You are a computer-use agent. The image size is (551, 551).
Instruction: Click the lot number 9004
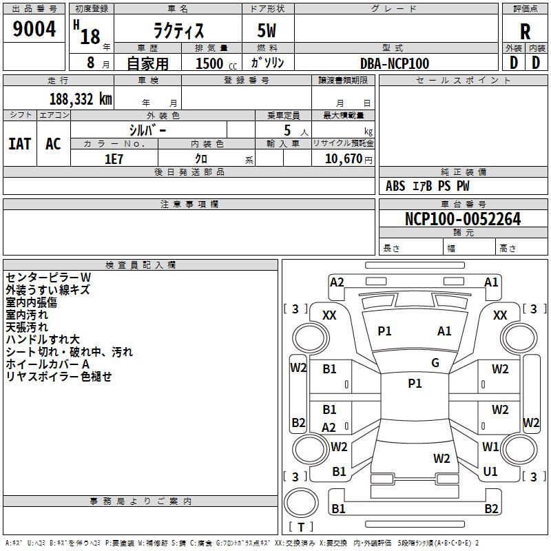pos(34,28)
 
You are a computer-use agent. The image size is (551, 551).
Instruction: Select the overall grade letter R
pos(525,31)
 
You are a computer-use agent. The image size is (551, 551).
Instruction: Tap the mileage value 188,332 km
pos(81,99)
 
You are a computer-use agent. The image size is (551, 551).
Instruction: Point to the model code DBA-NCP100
pos(395,63)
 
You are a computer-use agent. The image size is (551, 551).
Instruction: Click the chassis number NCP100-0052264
pos(463,219)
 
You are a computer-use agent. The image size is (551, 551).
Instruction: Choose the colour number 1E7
pos(114,159)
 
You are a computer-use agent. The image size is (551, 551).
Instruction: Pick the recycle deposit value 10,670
pos(343,159)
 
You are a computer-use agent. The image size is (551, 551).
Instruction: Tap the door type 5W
pos(267,30)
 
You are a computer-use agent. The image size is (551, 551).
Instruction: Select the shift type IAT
pos(20,144)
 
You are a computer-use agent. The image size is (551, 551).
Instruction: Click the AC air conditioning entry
pos(54,144)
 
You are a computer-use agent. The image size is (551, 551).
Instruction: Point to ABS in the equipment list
pos(395,186)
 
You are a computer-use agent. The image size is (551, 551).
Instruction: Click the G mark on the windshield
pos(435,363)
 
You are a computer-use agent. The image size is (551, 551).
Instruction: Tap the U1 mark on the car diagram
pos(490,472)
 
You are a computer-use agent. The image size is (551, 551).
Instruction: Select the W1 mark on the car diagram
pos(490,446)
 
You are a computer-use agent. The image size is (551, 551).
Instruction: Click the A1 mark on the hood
pos(444,331)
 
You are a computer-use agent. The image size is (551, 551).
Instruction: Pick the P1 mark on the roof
pos(415,384)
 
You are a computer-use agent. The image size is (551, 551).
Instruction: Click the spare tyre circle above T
pos(301,503)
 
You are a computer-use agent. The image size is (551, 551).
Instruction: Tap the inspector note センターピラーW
pos(48,278)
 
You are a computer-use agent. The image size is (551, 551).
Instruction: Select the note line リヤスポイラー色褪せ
pos(59,376)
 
